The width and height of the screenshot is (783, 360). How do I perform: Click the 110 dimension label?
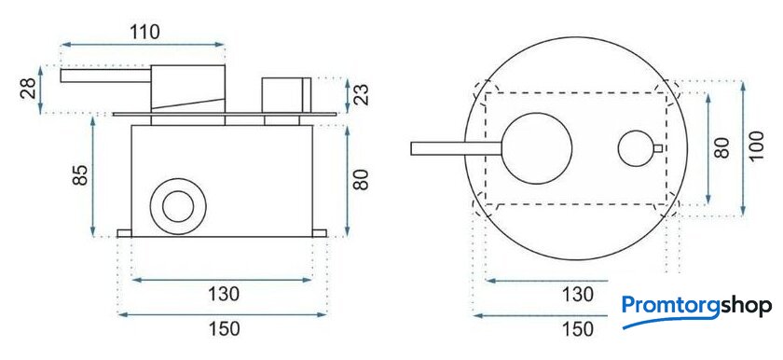[144, 32]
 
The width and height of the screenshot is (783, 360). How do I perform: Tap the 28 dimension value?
[29, 89]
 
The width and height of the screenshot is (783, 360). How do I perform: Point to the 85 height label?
[80, 174]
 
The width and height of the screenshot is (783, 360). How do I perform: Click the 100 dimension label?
[757, 145]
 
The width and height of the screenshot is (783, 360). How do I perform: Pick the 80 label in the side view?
[361, 180]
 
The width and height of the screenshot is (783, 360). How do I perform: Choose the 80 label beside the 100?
[721, 147]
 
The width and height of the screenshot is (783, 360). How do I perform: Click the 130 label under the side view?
[224, 294]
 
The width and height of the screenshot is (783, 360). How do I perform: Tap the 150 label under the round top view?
[578, 329]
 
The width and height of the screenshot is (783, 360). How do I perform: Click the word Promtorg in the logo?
[670, 306]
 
